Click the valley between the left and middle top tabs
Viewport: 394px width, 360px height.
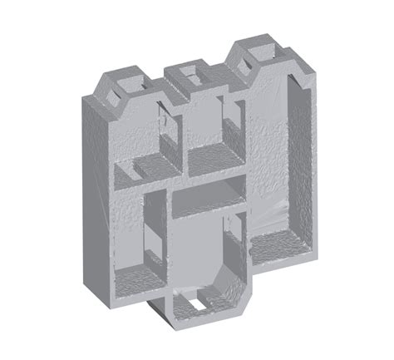[x=162, y=90]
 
